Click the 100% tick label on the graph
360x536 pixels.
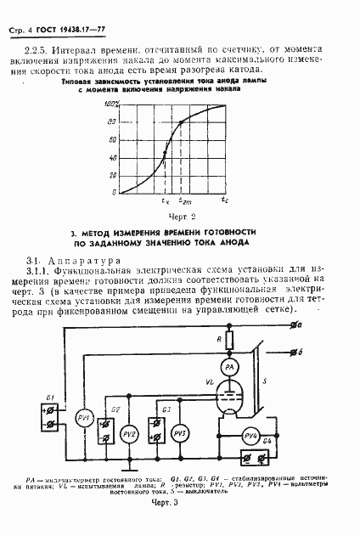pyautogui.click(x=111, y=104)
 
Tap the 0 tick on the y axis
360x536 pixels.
pyautogui.click(x=114, y=193)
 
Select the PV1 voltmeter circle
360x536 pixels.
pyautogui.click(x=84, y=418)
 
